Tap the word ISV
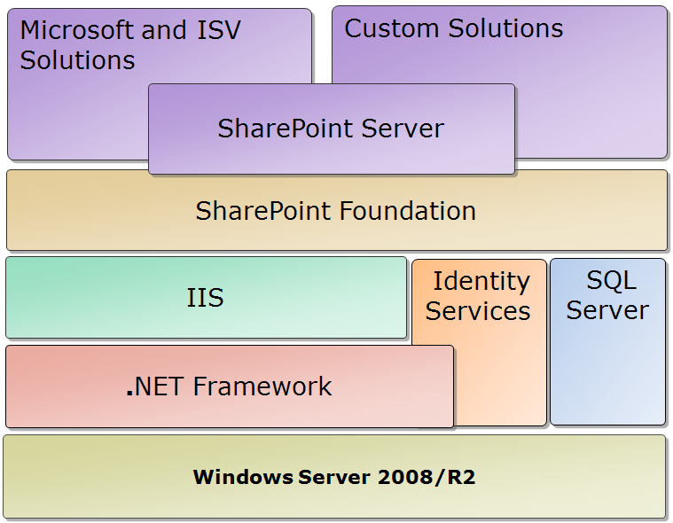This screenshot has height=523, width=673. pyautogui.click(x=219, y=30)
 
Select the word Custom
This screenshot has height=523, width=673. pyautogui.click(x=391, y=28)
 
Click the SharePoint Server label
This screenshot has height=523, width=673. pyautogui.click(x=331, y=129)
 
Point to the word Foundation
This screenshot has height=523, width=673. pyautogui.click(x=408, y=211)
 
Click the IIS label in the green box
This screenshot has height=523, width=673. pyautogui.click(x=205, y=297)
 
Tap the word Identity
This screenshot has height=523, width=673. pyautogui.click(x=481, y=282)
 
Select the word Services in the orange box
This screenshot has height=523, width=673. pyautogui.click(x=478, y=310)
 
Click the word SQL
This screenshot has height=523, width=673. pyautogui.click(x=611, y=281)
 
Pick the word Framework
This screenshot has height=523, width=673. pyautogui.click(x=262, y=386)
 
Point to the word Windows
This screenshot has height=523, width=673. pyautogui.click(x=243, y=477)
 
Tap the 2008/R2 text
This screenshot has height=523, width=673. pyautogui.click(x=426, y=477)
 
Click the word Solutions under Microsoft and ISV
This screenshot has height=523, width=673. pyautogui.click(x=77, y=60)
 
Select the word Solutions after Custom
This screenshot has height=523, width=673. pyautogui.click(x=505, y=28)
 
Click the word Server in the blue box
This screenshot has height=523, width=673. pyautogui.click(x=607, y=310)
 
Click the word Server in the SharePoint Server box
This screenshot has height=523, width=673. pyautogui.click(x=403, y=129)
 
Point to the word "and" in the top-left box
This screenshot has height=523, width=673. pyautogui.click(x=164, y=30)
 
